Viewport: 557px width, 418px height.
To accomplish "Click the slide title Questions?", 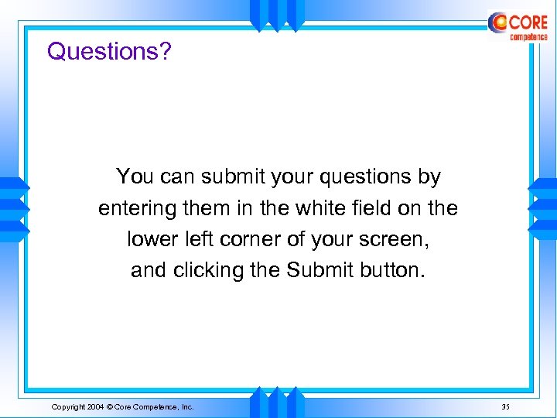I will click(109, 52).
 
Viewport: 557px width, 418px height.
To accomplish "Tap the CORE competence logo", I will click(518, 26).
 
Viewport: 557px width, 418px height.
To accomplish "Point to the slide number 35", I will click(505, 406).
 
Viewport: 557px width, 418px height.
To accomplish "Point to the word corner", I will click(241, 240).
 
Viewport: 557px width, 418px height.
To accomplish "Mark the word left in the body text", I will click(198, 240).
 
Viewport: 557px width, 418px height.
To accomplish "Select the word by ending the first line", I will click(429, 177).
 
